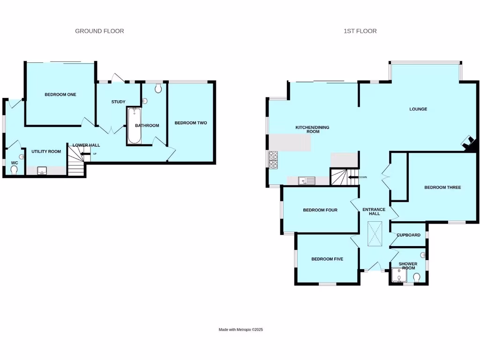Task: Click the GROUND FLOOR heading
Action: click(x=99, y=31)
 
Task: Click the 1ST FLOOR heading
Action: click(x=360, y=31)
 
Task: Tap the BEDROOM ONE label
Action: click(x=60, y=95)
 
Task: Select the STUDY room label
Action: click(x=118, y=102)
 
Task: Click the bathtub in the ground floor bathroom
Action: click(x=134, y=125)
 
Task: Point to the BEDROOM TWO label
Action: click(x=191, y=123)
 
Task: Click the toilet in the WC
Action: click(x=14, y=170)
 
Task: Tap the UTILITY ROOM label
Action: click(x=46, y=151)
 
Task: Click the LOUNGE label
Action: click(x=418, y=109)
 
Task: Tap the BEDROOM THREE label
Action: click(x=442, y=187)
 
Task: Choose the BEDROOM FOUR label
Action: click(x=320, y=210)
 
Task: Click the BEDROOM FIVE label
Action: click(x=328, y=259)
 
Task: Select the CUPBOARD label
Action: click(x=408, y=235)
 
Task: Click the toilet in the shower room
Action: click(x=417, y=278)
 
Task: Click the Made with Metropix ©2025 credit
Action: click(x=240, y=330)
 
